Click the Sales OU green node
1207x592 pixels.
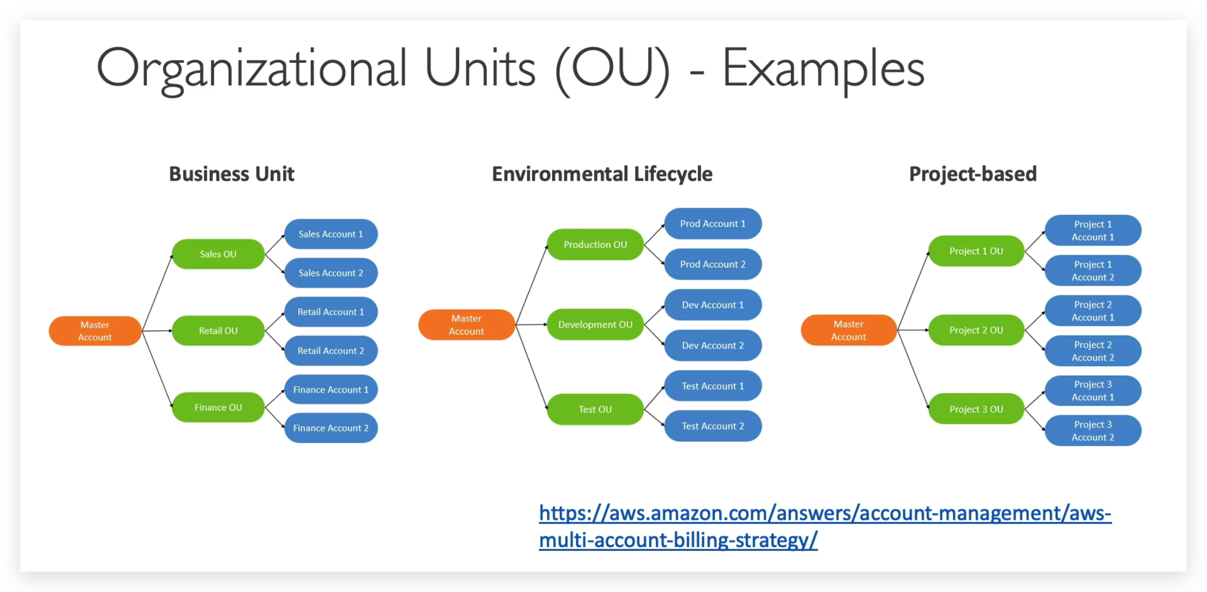coord(218,254)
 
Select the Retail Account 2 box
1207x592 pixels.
coord(331,351)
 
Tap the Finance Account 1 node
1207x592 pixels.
coord(331,389)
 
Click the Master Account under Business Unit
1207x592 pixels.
coord(95,331)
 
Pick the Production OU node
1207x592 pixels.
coord(595,244)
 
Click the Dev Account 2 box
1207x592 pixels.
coord(713,345)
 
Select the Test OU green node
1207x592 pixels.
coord(595,409)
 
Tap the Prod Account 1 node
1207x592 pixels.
coord(713,223)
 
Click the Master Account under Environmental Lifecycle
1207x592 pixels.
coord(466,325)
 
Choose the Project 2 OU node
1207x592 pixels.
coord(976,330)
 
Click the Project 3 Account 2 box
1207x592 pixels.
coord(1093,431)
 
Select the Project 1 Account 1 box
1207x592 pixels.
coord(1093,231)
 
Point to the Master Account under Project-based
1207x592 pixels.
coord(848,330)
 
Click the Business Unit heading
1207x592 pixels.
coord(232,174)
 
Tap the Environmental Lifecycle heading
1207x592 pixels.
coord(602,174)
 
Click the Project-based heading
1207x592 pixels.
coord(972,174)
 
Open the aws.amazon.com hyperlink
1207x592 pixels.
coord(824,514)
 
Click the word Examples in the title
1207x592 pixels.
coord(823,69)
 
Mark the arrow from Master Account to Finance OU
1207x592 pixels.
coord(157,370)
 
